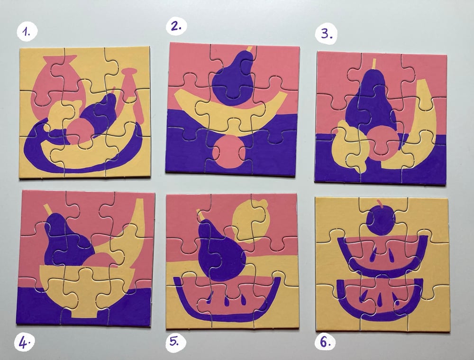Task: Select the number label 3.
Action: [326, 34]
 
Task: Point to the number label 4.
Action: [25, 343]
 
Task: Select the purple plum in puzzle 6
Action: [381, 220]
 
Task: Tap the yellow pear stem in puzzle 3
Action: [374, 64]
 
